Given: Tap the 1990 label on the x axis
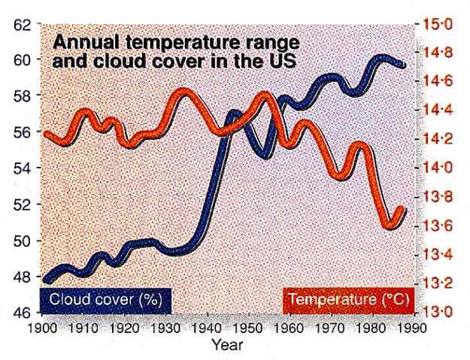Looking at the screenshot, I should [411, 328].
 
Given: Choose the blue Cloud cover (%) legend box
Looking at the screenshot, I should [107, 300].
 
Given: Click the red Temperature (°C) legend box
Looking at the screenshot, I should [348, 300].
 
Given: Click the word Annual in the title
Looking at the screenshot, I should [80, 41].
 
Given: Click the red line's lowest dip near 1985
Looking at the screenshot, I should [390, 223].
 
